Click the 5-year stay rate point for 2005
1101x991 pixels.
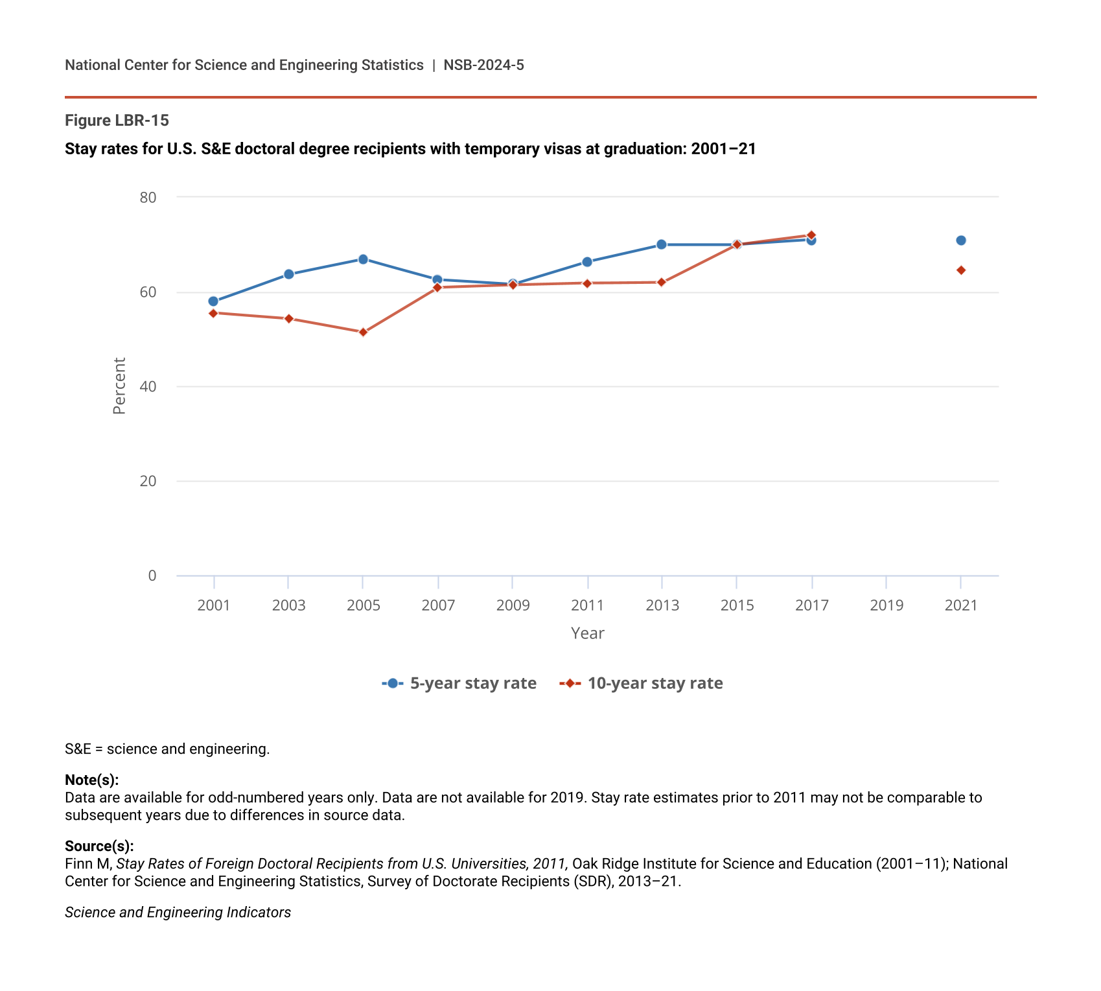(x=363, y=259)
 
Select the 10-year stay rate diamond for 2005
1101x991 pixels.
(x=363, y=332)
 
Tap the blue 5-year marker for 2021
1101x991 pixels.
(x=961, y=240)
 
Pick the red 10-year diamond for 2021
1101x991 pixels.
(x=961, y=270)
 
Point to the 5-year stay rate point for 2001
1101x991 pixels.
(x=213, y=301)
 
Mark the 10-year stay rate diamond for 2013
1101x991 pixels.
(x=662, y=283)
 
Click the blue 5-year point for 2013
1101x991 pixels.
(x=662, y=244)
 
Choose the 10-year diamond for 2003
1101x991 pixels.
(x=289, y=318)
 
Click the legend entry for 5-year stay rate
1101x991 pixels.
(x=459, y=683)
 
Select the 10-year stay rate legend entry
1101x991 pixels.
(x=642, y=683)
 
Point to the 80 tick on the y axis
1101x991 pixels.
(x=148, y=197)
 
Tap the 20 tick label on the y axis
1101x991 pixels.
(x=148, y=481)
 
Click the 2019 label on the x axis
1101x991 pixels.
(x=887, y=605)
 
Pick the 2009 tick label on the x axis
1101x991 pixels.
(x=513, y=605)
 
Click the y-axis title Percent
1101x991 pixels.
(x=119, y=386)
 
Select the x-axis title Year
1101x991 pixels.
(x=587, y=633)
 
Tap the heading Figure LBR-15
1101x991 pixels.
(x=117, y=121)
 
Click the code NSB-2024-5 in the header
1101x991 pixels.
(x=483, y=65)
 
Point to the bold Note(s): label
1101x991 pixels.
(x=91, y=780)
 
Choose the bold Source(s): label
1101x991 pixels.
(x=99, y=846)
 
